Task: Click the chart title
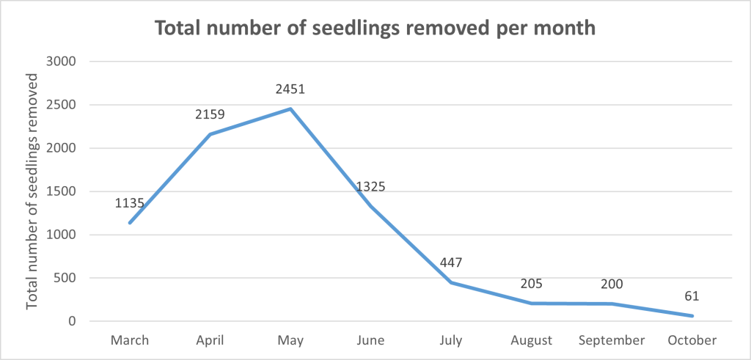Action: [375, 29]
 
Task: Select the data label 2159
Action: [210, 114]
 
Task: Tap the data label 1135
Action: [130, 203]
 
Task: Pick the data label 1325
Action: [370, 187]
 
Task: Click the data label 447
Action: [452, 262]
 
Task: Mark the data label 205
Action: [532, 283]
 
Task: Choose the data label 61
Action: [692, 296]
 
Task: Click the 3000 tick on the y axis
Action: [62, 62]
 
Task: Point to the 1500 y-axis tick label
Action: [62, 191]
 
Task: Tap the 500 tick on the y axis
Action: [66, 278]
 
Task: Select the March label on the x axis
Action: [130, 340]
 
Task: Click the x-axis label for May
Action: [290, 340]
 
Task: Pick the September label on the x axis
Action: [612, 340]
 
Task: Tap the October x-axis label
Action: [692, 340]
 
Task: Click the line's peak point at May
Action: [290, 109]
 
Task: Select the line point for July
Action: [452, 282]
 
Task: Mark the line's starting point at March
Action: [130, 223]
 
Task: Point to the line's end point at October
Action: [692, 316]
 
